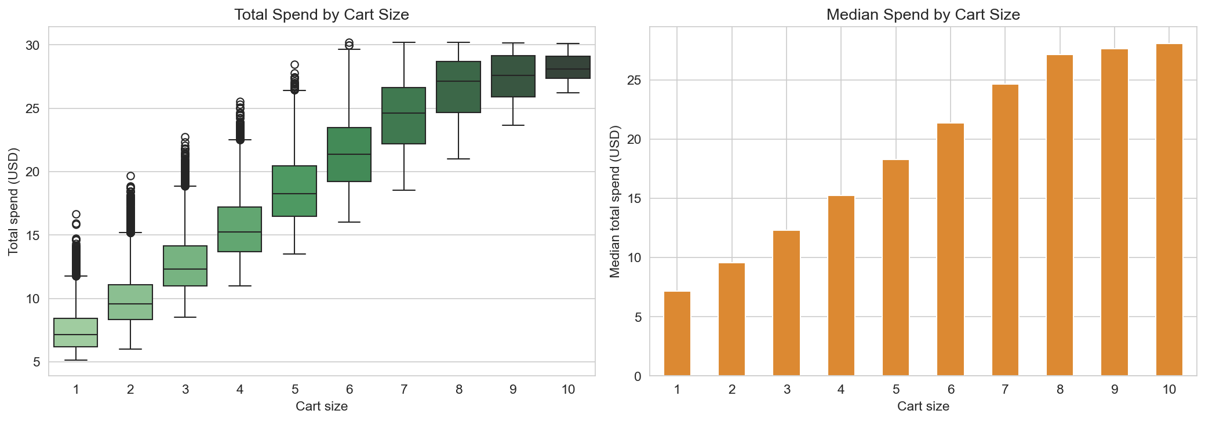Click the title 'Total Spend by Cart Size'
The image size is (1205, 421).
[x=321, y=14]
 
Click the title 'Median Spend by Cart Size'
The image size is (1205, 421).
[x=923, y=14]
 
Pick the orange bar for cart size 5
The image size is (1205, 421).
[x=895, y=268]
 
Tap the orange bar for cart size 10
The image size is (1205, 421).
[x=1169, y=210]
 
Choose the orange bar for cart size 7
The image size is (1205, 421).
[x=1005, y=230]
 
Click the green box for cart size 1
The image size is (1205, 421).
[x=75, y=332]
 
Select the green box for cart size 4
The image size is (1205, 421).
[x=239, y=229]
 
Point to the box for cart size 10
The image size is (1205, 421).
[x=568, y=67]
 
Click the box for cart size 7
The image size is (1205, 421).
[x=403, y=115]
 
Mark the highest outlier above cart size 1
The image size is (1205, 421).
[x=76, y=215]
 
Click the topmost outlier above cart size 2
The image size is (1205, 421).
[x=130, y=176]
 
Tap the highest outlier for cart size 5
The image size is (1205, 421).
[x=294, y=65]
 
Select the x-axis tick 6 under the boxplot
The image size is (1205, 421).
[x=349, y=390]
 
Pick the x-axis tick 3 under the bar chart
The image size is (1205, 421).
[x=787, y=390]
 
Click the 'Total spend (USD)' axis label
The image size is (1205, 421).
[x=13, y=201]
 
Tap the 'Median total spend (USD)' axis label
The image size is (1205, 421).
[x=615, y=201]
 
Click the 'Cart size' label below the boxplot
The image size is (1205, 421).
[x=321, y=407]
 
